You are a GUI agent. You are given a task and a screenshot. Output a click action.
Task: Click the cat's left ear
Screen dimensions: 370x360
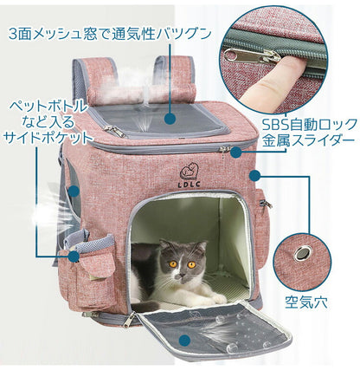(153, 248)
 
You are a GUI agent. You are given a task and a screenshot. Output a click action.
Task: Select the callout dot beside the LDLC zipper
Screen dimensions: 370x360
(235, 151)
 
